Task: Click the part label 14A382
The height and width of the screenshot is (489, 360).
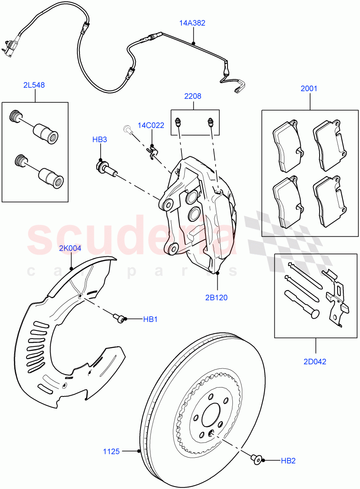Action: (192, 23)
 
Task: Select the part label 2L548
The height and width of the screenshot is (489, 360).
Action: (34, 85)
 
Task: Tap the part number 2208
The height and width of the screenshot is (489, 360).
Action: (193, 96)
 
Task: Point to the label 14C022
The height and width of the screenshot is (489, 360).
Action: (151, 126)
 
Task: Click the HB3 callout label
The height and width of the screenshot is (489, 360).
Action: (99, 140)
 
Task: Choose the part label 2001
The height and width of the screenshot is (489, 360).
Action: (309, 88)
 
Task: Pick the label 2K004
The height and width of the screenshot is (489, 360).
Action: (70, 248)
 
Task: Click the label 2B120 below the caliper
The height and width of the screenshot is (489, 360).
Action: (216, 297)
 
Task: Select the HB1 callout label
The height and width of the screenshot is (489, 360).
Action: (150, 319)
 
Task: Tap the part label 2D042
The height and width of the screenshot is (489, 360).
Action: (315, 361)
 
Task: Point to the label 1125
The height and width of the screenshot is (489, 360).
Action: (111, 451)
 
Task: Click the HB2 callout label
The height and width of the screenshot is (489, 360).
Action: (288, 461)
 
